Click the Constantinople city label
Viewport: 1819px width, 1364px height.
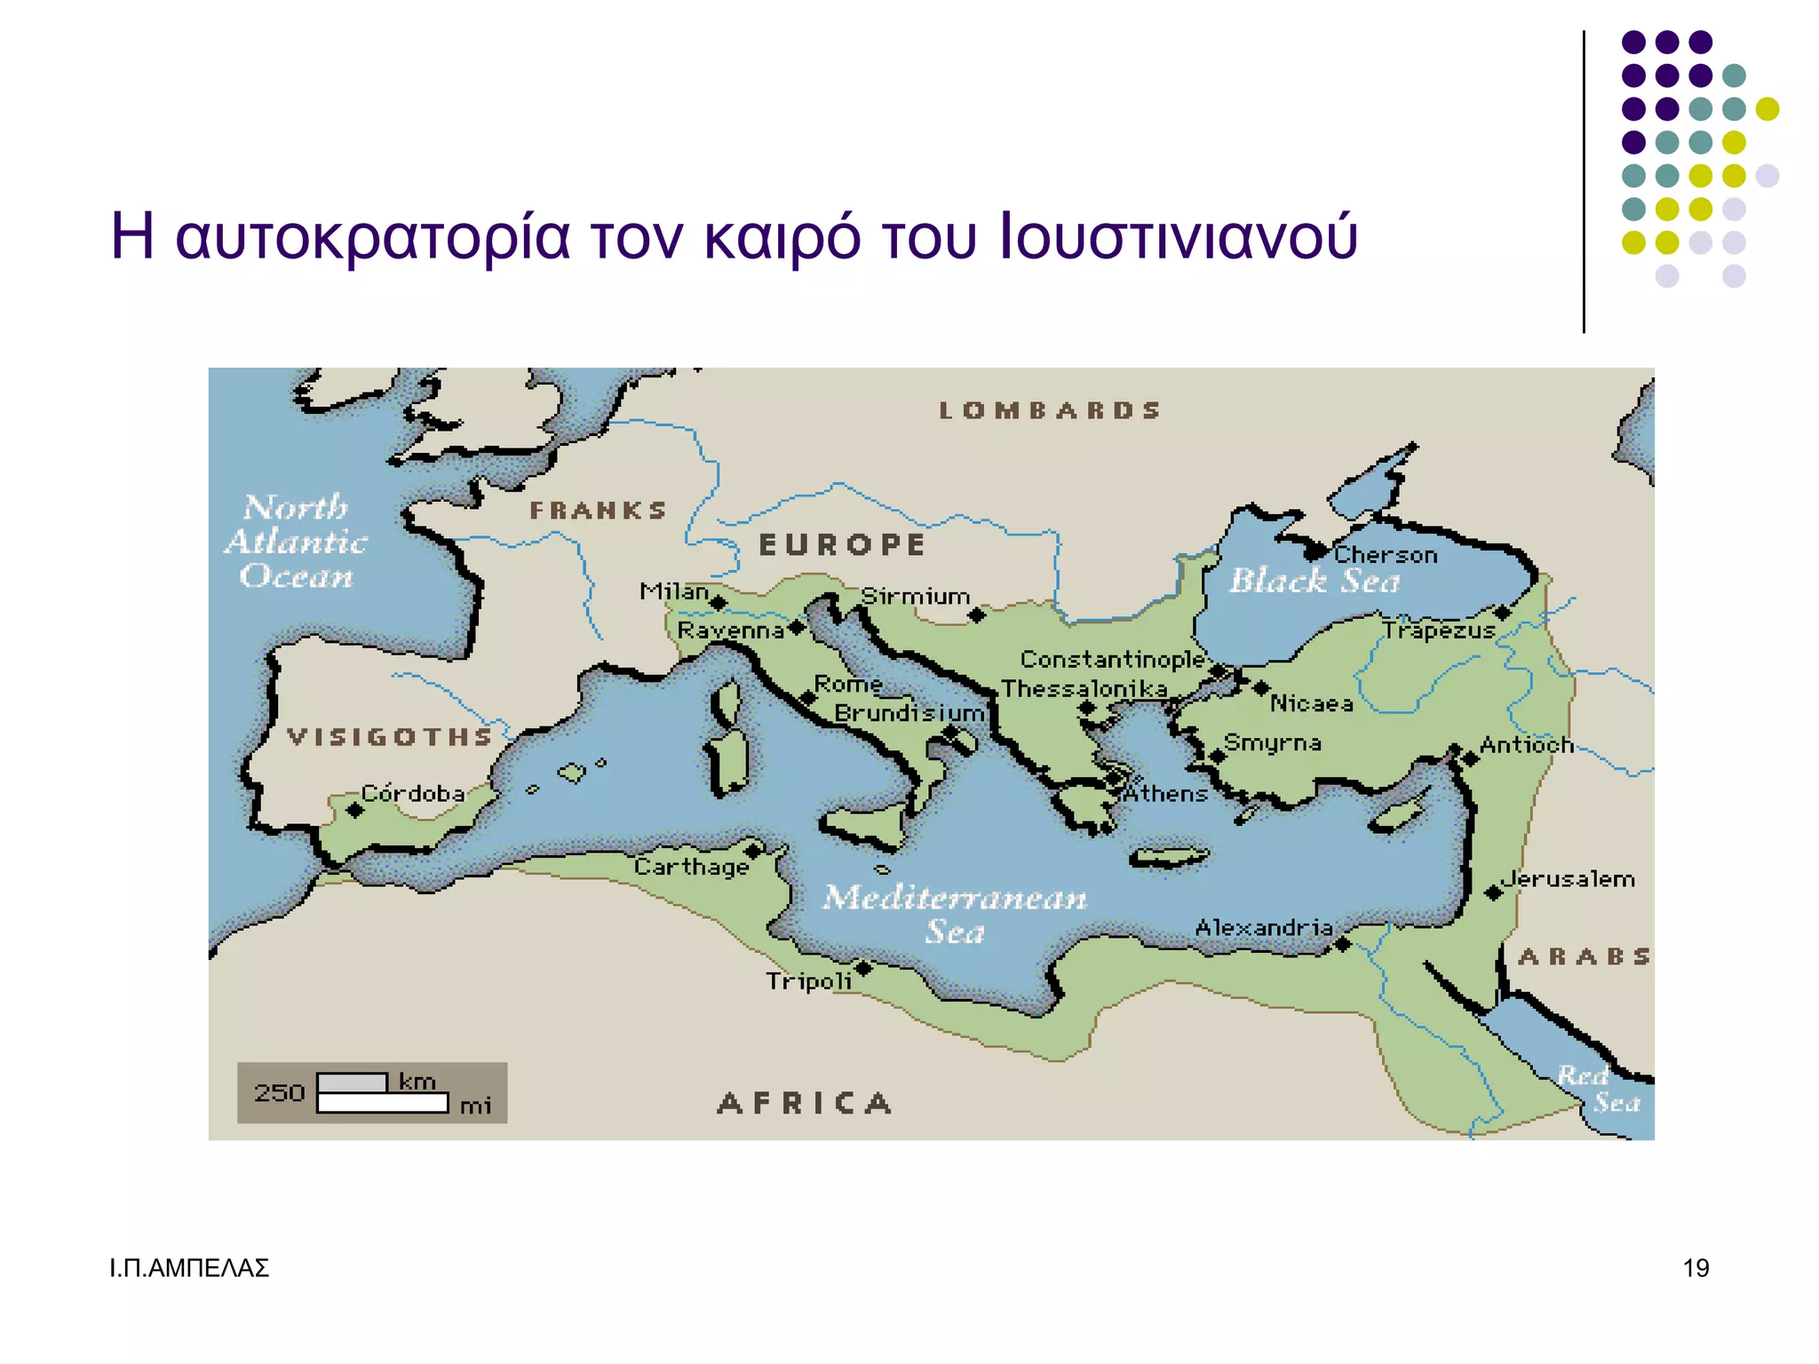1111,659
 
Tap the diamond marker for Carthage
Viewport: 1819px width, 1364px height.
753,851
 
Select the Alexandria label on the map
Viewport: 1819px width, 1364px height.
1263,928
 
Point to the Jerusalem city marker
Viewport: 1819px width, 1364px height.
1494,892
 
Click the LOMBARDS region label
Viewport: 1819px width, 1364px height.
1050,410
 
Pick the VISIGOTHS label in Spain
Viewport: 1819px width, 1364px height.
389,736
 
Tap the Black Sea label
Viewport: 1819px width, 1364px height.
1315,581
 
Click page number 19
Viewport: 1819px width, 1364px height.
1696,1268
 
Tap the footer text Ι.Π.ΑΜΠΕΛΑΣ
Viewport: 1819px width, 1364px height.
188,1268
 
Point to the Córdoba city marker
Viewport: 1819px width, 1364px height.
354,810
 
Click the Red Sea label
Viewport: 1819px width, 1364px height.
1599,1089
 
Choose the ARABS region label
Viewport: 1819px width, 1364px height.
1584,956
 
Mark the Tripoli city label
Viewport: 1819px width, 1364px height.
808,981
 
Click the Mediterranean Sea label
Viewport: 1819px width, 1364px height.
955,914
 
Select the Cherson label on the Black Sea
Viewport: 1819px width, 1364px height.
1386,555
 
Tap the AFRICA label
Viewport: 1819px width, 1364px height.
804,1103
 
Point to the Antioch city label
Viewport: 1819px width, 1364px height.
1525,744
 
